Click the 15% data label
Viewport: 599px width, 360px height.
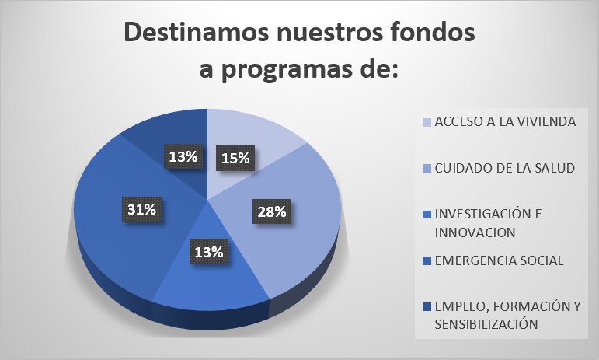click(235, 158)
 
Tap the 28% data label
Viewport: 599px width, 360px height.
click(272, 211)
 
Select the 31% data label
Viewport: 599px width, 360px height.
click(141, 209)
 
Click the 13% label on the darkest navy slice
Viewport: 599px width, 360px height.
click(183, 156)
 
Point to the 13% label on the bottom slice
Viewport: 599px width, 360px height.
click(209, 252)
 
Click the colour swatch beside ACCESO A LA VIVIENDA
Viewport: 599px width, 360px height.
click(427, 122)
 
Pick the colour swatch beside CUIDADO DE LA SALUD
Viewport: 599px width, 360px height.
click(427, 169)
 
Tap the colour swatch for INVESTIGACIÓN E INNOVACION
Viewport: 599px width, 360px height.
click(427, 215)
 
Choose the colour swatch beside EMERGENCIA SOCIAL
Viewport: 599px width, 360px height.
click(427, 261)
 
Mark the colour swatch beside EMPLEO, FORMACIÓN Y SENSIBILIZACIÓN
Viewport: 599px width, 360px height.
click(427, 306)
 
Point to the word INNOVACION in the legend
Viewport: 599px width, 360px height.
click(475, 232)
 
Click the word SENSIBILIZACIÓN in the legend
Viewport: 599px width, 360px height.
click(486, 324)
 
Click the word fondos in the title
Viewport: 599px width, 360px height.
click(433, 32)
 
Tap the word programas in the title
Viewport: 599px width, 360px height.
click(287, 70)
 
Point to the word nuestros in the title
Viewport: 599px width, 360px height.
click(329, 33)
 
